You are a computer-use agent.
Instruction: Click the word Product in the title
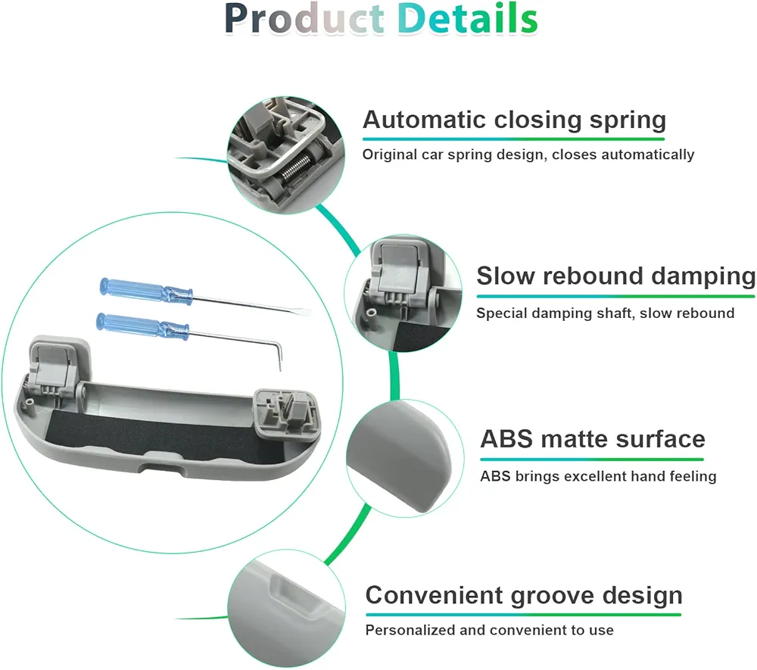[304, 19]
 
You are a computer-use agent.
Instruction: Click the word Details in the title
[467, 19]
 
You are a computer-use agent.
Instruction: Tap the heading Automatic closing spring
[514, 120]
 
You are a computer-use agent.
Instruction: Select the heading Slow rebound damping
[616, 276]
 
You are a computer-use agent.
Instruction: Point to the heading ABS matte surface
[593, 439]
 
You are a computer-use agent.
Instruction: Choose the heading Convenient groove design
[524, 596]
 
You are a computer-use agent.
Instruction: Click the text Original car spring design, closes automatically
[528, 154]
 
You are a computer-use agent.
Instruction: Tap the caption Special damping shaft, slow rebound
[606, 313]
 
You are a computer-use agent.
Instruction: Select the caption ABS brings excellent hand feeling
[598, 476]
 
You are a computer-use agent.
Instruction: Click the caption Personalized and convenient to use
[490, 630]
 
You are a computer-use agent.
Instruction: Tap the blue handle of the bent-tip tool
[143, 326]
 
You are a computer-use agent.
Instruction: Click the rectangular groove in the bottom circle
[295, 595]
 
